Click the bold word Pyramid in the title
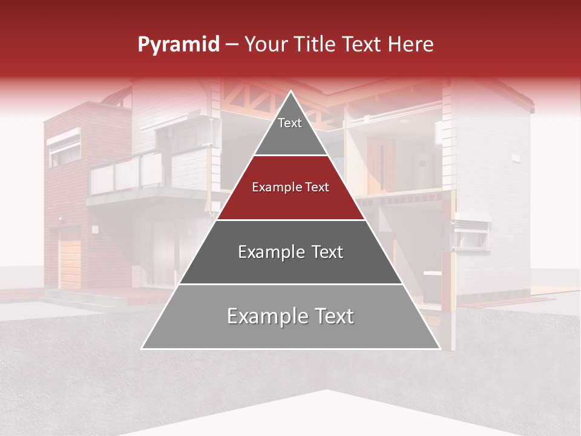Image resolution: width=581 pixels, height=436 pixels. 178,45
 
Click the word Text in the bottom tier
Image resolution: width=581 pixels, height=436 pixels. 329,317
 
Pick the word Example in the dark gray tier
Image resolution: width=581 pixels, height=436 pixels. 264,252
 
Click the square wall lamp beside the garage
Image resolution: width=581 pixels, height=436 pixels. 95,230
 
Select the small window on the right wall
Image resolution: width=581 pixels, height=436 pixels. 472,234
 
